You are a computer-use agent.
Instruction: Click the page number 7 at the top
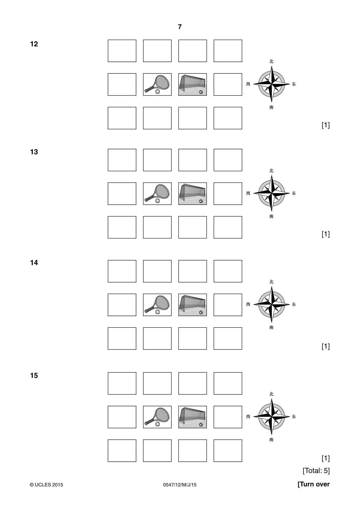click(x=180, y=27)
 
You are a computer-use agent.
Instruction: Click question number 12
click(x=34, y=44)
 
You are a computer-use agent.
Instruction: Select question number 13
click(x=34, y=152)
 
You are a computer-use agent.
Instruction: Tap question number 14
click(x=34, y=263)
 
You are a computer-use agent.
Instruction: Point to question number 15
click(x=34, y=376)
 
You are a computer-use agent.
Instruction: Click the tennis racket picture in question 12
click(x=157, y=84)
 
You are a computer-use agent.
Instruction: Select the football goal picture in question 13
click(x=193, y=194)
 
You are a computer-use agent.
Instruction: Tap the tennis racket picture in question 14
click(x=157, y=305)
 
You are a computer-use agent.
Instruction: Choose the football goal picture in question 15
click(x=193, y=417)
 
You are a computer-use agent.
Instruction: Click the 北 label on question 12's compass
click(x=271, y=61)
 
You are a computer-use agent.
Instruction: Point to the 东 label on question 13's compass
click(x=294, y=193)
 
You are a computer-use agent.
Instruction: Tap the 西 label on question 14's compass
click(x=248, y=304)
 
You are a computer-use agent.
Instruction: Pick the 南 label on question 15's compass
click(x=271, y=440)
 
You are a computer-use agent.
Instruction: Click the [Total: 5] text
click(x=316, y=470)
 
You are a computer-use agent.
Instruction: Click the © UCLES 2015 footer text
click(x=46, y=485)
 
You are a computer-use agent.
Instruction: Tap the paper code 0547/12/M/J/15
click(x=180, y=485)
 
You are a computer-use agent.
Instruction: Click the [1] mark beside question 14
click(x=326, y=346)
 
